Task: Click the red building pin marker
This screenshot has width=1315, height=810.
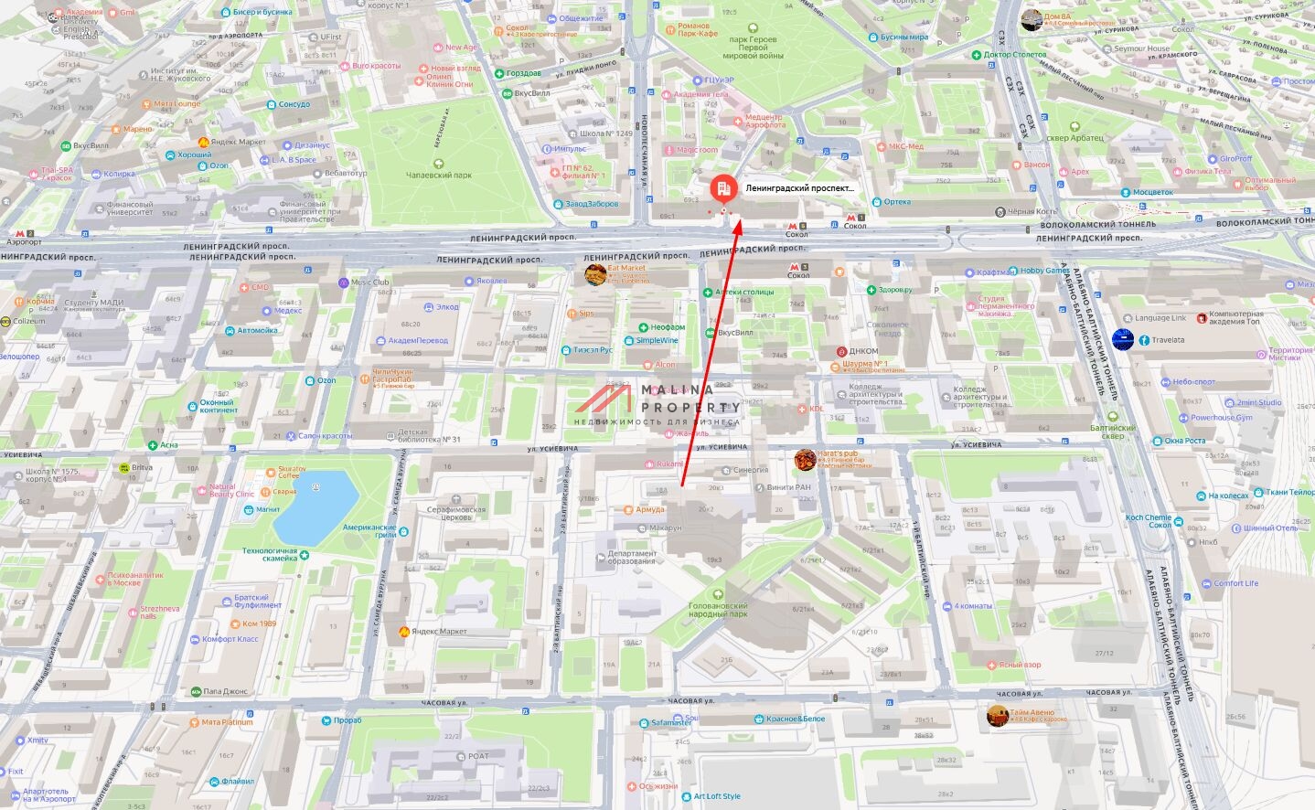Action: pos(723,188)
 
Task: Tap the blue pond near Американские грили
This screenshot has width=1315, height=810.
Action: pos(315,506)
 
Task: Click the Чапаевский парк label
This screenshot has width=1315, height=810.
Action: pos(439,175)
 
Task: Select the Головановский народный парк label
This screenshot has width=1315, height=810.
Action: pos(718,610)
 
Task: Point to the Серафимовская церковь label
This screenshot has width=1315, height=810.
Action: pos(456,514)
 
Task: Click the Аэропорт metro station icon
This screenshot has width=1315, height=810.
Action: pos(31,234)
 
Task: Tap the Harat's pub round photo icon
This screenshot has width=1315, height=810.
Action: pos(805,460)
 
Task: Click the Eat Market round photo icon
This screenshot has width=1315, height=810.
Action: pos(595,274)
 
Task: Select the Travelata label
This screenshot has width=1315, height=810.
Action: pos(1168,340)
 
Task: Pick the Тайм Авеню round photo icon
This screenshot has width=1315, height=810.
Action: pos(998,716)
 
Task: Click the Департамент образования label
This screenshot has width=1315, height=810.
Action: pos(632,557)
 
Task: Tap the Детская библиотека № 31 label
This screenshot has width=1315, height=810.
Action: pos(429,436)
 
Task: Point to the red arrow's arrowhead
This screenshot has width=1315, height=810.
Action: pos(736,220)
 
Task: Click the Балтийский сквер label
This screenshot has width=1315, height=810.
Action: pos(1112,432)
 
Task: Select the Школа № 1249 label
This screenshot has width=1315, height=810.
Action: pos(605,133)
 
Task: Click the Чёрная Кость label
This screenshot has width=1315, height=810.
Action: pos(1032,212)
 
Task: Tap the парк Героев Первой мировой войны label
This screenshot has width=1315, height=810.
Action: pos(753,48)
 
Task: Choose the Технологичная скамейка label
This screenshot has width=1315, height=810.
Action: pos(270,554)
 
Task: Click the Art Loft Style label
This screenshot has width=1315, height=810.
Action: pos(717,796)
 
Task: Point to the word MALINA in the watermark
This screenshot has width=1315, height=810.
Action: pos(678,390)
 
